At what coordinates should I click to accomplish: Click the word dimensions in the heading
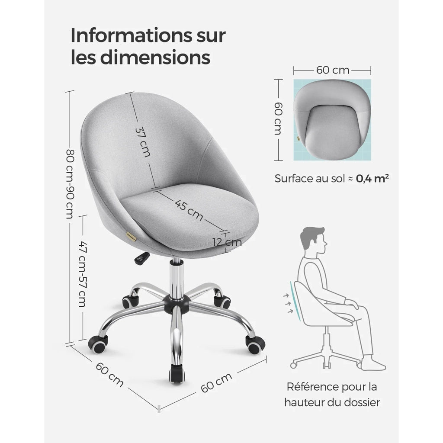coord(155,58)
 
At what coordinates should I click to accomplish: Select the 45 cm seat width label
coord(189,210)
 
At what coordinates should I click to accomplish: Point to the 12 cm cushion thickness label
coord(228,242)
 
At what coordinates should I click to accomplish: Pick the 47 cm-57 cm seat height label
coord(82,274)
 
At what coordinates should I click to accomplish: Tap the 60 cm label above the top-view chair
coord(333,70)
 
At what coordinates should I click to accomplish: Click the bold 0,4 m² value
coord(372,178)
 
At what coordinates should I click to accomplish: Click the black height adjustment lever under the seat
coord(141,258)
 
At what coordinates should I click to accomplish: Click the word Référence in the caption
coord(308,387)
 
